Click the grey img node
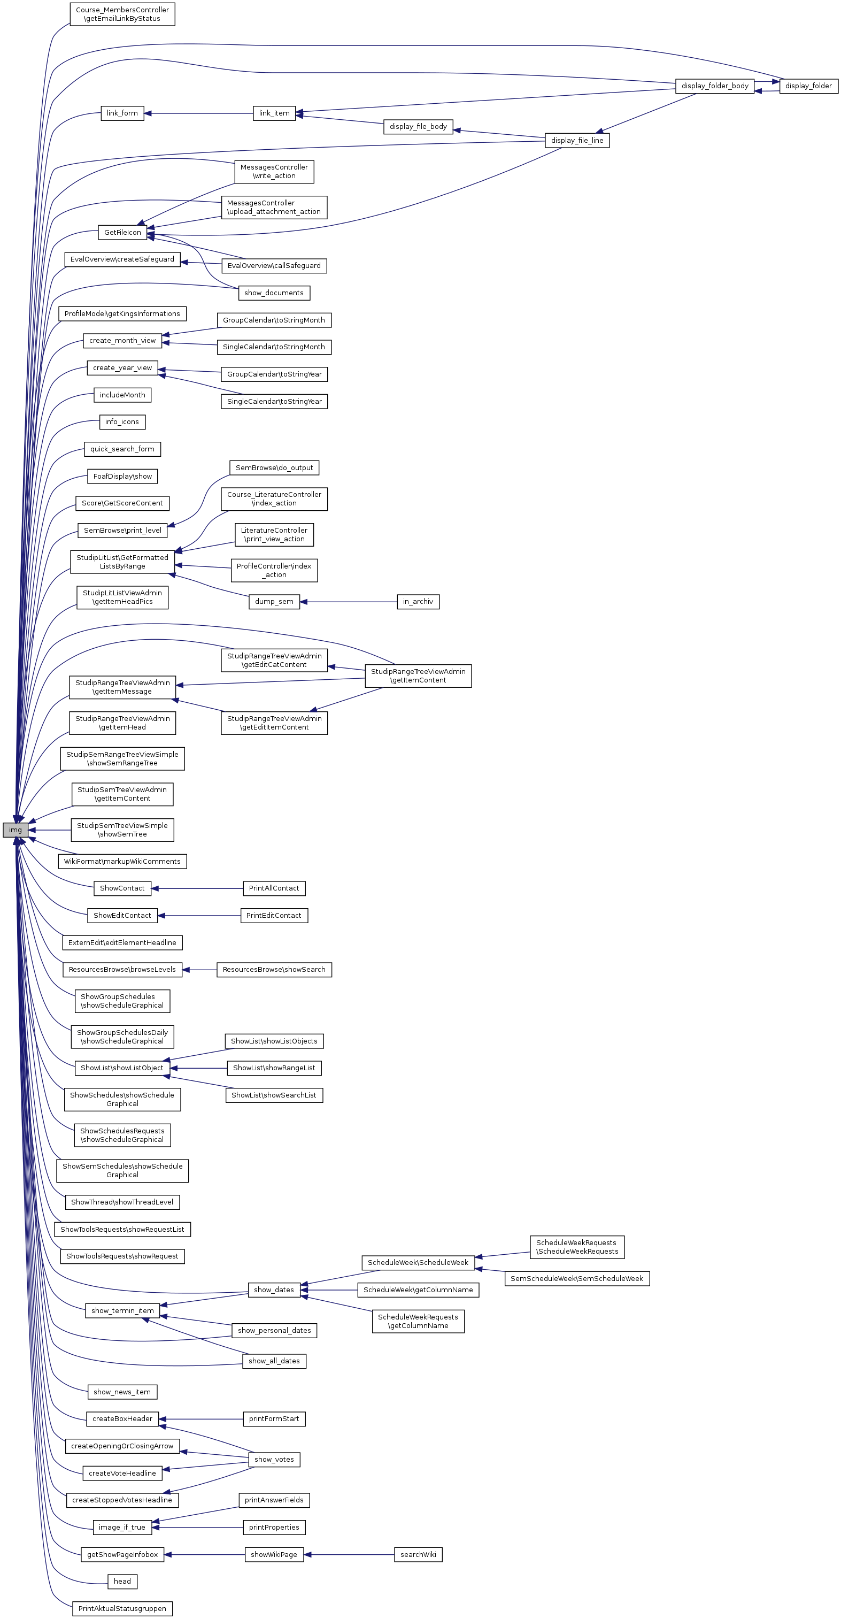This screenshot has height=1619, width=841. point(15,830)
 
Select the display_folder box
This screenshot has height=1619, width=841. point(808,86)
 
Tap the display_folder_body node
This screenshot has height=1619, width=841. point(714,86)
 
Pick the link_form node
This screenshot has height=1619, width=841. point(122,113)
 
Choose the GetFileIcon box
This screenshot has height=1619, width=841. point(122,233)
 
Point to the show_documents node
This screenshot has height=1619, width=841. point(274,293)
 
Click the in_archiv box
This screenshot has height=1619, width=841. point(418,602)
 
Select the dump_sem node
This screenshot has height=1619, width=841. point(274,602)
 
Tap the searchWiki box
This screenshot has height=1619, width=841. point(418,1554)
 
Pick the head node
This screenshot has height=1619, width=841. point(122,1581)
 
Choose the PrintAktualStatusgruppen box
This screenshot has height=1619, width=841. point(122,1608)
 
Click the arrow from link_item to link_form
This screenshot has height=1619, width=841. point(198,113)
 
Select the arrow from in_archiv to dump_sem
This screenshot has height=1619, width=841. point(348,602)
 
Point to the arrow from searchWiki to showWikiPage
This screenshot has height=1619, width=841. point(349,1554)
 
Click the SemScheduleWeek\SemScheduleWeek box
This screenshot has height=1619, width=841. point(576,1278)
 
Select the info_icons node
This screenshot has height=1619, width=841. point(122,421)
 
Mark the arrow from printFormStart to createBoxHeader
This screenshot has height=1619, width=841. point(200,1418)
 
